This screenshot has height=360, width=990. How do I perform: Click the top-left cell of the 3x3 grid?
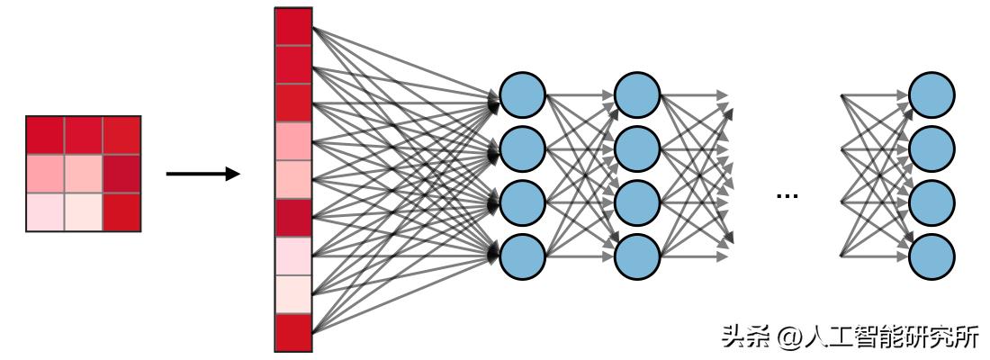pyautogui.click(x=45, y=135)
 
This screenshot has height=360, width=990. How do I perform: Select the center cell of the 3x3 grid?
pyautogui.click(x=83, y=174)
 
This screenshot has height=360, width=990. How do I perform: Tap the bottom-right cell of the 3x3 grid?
pyautogui.click(x=121, y=212)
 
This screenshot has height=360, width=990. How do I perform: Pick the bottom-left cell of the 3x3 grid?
pyautogui.click(x=45, y=212)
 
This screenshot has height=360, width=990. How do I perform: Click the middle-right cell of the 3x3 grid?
pyautogui.click(x=121, y=174)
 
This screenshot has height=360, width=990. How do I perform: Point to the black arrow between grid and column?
pyautogui.click(x=203, y=173)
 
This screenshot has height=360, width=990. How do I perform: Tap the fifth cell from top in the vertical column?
pyautogui.click(x=293, y=179)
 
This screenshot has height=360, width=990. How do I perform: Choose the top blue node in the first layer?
pyautogui.click(x=523, y=94)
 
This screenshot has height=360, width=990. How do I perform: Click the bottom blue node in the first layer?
pyautogui.click(x=523, y=256)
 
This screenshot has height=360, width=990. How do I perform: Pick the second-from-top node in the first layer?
pyautogui.click(x=523, y=148)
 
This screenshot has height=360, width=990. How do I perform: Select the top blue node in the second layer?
pyautogui.click(x=638, y=94)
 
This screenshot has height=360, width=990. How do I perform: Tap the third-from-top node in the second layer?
pyautogui.click(x=638, y=202)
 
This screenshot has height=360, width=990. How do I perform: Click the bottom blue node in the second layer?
pyautogui.click(x=638, y=256)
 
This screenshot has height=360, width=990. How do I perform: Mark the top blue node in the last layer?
pyautogui.click(x=931, y=94)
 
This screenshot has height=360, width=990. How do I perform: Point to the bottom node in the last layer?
pyautogui.click(x=931, y=256)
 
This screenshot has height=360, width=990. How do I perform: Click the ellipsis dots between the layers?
pyautogui.click(x=787, y=194)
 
